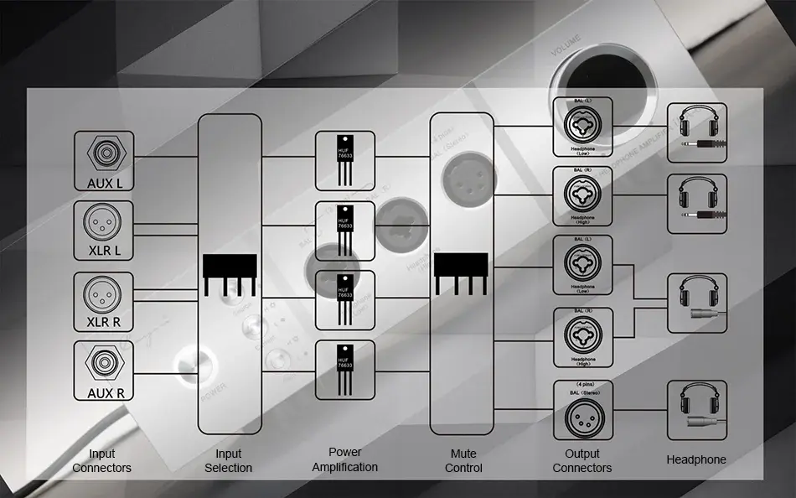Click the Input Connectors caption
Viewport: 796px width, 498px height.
(x=101, y=461)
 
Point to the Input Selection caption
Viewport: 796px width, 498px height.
(x=229, y=461)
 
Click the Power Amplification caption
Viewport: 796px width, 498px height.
(x=345, y=460)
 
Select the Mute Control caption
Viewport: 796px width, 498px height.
(x=463, y=461)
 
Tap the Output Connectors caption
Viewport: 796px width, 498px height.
(x=582, y=461)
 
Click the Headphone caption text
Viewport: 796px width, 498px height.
(x=696, y=459)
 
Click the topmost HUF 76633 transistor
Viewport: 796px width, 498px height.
(x=345, y=159)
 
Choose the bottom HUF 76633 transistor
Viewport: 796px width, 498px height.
(x=345, y=369)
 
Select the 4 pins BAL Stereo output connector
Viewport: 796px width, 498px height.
(x=582, y=410)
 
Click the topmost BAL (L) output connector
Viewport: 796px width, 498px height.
(x=582, y=126)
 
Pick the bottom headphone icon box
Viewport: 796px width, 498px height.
(x=697, y=410)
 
